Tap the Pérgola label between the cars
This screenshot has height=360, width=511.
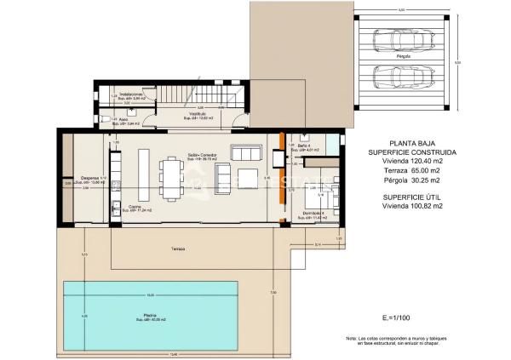pyautogui.click(x=403, y=57)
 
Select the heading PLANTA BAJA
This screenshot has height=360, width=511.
pyautogui.click(x=409, y=144)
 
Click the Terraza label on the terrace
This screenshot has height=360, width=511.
pyautogui.click(x=176, y=249)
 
